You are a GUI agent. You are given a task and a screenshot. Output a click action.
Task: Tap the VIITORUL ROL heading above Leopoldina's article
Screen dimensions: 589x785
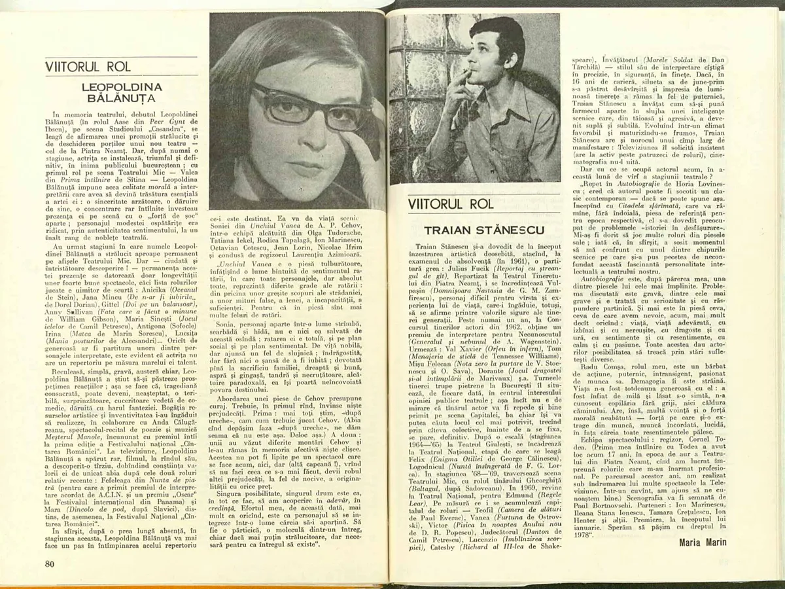pos(88,67)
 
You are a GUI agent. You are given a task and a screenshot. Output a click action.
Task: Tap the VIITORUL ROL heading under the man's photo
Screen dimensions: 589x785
pos(451,204)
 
